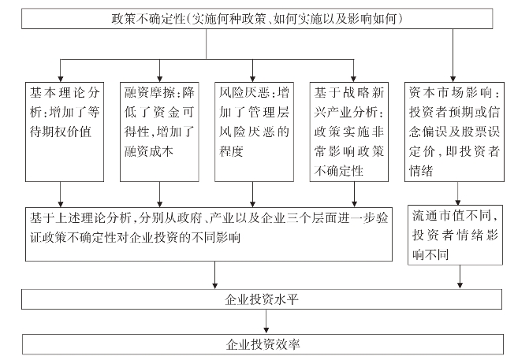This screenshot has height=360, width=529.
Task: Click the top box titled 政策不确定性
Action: coord(257,19)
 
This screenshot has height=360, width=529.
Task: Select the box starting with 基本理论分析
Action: coord(65,132)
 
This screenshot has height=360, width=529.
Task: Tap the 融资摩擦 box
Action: coord(159,132)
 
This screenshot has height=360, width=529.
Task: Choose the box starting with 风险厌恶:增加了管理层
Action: coord(254,132)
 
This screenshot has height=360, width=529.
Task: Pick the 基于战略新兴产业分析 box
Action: coord(348,132)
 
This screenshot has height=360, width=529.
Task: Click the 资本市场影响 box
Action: coord(454,132)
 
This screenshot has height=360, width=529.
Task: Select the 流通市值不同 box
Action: coord(455,235)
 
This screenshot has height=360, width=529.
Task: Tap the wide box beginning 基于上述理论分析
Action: coord(209,234)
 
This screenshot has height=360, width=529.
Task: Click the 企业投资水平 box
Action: coord(262,299)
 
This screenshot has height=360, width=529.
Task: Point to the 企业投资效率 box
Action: coord(263,344)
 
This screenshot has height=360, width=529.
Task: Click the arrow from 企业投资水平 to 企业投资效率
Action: coord(266,321)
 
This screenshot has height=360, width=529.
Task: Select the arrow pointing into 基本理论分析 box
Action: coord(61,71)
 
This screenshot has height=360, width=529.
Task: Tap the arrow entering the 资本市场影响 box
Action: coord(453,55)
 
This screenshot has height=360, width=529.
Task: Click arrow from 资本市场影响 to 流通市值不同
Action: coord(458,194)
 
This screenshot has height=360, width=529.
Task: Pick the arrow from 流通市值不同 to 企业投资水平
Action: coord(460,277)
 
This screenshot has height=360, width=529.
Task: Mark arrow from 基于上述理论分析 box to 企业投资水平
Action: coord(215,275)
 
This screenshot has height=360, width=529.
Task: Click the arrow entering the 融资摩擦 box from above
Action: coord(160,71)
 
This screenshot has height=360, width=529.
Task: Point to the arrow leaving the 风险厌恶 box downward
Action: coord(253,195)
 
